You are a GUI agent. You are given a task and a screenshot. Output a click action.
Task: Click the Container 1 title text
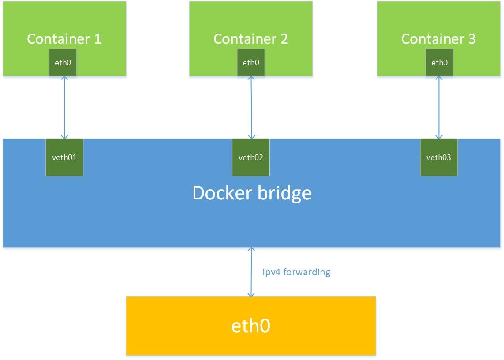[64, 39]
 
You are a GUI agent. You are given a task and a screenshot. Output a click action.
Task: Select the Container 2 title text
[251, 39]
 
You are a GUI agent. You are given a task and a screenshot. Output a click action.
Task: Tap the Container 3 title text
[438, 39]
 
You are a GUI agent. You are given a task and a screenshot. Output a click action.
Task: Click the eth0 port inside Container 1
[63, 63]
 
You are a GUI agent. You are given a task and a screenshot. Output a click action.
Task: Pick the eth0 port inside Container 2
[251, 63]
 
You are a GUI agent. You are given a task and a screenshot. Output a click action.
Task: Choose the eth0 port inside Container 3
[439, 63]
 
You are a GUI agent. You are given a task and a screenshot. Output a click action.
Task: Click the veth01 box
[64, 157]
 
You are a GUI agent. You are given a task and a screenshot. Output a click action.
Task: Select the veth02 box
[251, 157]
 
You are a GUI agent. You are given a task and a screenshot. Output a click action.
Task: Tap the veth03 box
[439, 157]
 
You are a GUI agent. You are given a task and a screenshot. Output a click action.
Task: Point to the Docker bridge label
[252, 193]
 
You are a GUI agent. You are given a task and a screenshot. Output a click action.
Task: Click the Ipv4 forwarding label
[296, 272]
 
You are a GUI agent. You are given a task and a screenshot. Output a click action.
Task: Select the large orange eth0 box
[251, 326]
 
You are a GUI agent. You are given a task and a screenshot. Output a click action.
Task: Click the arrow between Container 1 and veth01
[64, 107]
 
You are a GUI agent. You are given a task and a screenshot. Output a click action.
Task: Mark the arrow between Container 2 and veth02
[251, 107]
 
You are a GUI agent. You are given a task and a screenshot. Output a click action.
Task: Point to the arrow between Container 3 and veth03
[438, 107]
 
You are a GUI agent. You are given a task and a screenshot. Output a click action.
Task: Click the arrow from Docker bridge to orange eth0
[251, 272]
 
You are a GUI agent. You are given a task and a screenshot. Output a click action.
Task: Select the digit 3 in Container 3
[471, 39]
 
